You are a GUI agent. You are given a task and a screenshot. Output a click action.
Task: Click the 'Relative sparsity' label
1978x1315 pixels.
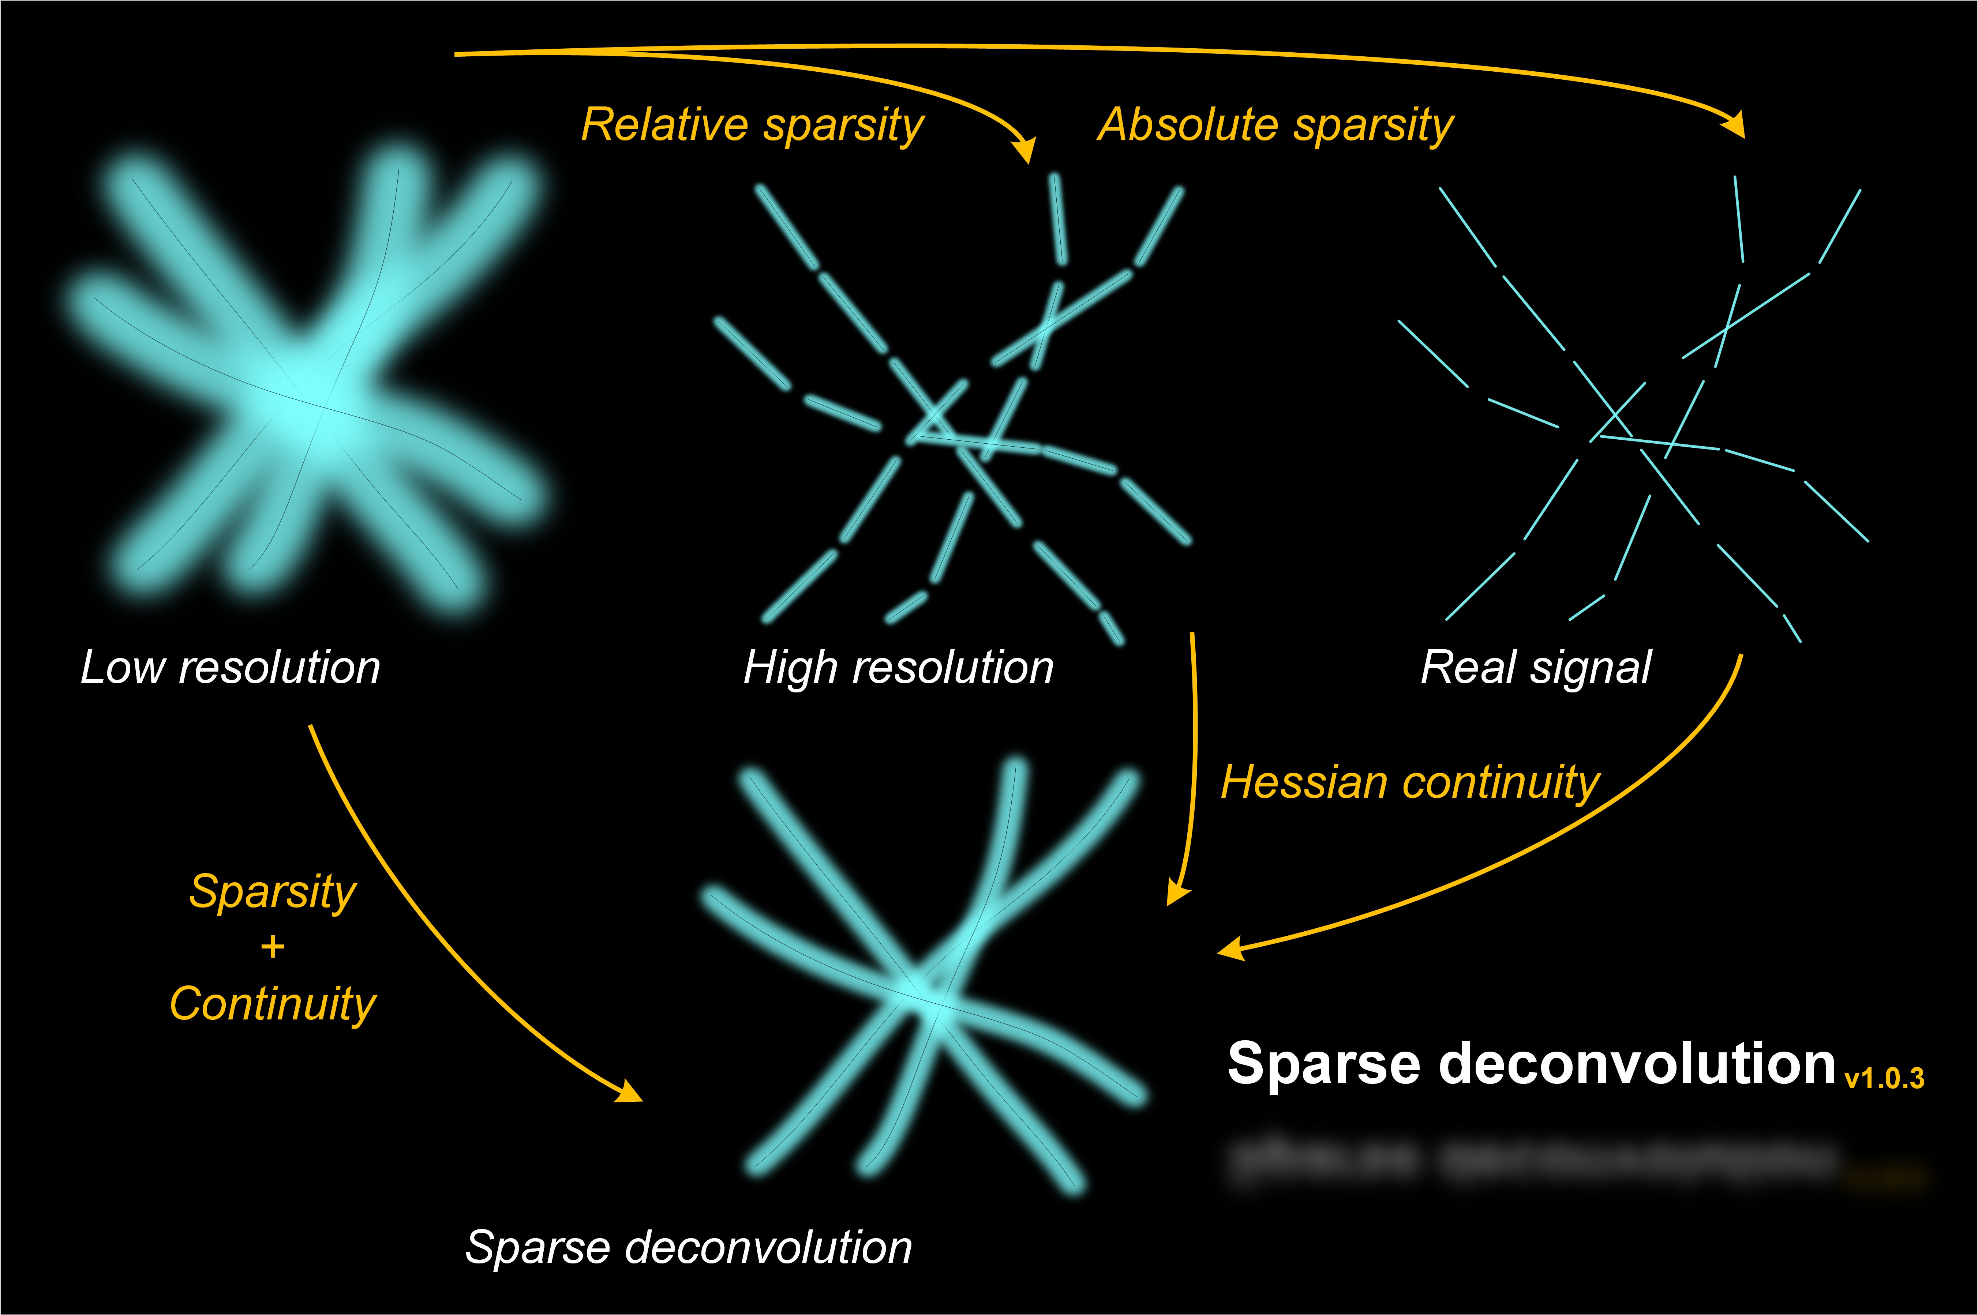(752, 126)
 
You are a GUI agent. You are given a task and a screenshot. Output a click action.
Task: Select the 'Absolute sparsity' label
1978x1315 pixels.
(1275, 126)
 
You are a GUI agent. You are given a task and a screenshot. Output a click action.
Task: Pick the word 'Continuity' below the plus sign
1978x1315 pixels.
(273, 1004)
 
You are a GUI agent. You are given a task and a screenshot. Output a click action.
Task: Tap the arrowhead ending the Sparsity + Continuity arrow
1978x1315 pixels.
(629, 1092)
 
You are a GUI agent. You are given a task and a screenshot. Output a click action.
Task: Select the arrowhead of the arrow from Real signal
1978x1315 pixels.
(1230, 949)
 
